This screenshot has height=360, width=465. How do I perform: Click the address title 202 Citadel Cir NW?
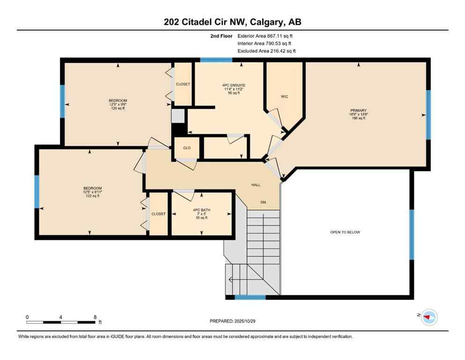pyautogui.click(x=232, y=22)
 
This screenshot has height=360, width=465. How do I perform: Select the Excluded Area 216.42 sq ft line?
pyautogui.click(x=266, y=51)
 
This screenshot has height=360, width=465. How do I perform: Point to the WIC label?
pyautogui.click(x=284, y=97)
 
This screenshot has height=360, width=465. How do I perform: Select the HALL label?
pyautogui.click(x=255, y=185)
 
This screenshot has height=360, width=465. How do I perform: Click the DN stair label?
pyautogui.click(x=263, y=202)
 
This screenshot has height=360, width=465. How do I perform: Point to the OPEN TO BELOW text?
pyautogui.click(x=345, y=232)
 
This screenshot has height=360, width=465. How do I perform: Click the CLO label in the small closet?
pyautogui.click(x=186, y=148)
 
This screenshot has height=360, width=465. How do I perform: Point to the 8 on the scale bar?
pyautogui.click(x=95, y=317)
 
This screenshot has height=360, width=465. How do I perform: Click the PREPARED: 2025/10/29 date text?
pyautogui.click(x=232, y=321)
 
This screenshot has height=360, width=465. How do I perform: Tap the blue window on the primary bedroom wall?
pyautogui.click(x=428, y=115)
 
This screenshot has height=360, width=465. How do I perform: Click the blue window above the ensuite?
pyautogui.click(x=216, y=60)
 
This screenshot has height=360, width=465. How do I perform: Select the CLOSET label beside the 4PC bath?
pyautogui.click(x=158, y=214)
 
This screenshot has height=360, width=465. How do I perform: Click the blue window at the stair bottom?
pyautogui.click(x=250, y=297)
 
